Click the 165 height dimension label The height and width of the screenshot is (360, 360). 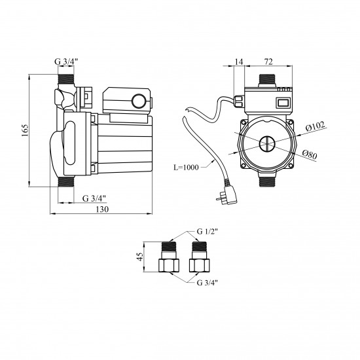click(x=25, y=130)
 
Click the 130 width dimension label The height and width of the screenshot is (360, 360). click(x=102, y=209)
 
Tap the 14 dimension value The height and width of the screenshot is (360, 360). click(x=239, y=62)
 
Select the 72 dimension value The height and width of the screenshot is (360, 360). click(x=268, y=62)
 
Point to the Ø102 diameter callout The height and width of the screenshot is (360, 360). click(x=315, y=126)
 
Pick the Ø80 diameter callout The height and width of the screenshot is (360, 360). click(x=310, y=154)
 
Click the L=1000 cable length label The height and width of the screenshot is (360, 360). click(x=186, y=167)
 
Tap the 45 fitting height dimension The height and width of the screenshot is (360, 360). click(x=139, y=257)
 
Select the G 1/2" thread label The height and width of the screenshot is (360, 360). click(x=207, y=232)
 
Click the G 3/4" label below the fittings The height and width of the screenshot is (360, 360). click(x=207, y=282)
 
